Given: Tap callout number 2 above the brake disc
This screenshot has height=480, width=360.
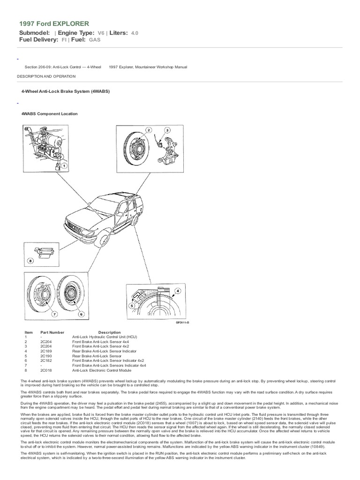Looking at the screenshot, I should pyautogui.click(x=149, y=130).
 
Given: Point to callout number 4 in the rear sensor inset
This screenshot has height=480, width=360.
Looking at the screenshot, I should pyautogui.click(x=178, y=291).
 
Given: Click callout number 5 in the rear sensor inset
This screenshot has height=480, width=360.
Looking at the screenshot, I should pyautogui.click(x=132, y=306).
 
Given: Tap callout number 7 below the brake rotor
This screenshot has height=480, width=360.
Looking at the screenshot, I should pyautogui.click(x=54, y=314).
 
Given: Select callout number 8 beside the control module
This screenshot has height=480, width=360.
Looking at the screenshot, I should pyautogui.click(x=31, y=261).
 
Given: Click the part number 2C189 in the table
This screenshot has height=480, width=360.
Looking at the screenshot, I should pyautogui.click(x=46, y=350).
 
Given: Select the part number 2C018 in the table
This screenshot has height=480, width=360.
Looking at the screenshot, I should pyautogui.click(x=46, y=369).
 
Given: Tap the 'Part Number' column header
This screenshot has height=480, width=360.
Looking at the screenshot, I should pyautogui.click(x=51, y=332).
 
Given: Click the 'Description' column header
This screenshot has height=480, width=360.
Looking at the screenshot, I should pyautogui.click(x=109, y=332).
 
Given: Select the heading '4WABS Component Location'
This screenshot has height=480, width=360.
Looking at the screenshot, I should pyautogui.click(x=50, y=114).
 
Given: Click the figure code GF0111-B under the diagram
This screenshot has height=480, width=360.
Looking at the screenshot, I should pyautogui.click(x=182, y=323).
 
